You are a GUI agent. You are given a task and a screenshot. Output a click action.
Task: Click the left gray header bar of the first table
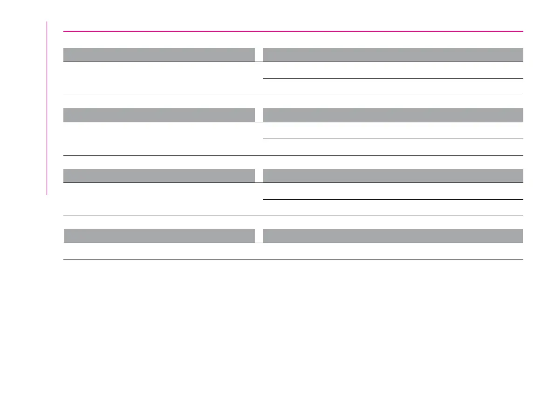point(159,55)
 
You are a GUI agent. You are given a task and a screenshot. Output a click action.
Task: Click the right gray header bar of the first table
point(392,55)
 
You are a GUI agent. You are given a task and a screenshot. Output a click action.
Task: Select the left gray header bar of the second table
point(159,115)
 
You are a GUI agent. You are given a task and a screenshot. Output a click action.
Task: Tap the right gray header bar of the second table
point(392,115)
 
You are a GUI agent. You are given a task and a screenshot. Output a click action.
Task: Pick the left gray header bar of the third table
point(159,175)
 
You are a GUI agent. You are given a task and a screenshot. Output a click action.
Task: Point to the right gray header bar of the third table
point(392,175)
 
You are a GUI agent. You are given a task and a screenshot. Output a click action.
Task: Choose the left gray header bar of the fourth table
point(159,236)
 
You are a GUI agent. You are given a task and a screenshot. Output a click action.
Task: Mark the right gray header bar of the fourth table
point(392,236)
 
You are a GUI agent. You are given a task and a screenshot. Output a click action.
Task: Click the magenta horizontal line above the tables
point(293,31)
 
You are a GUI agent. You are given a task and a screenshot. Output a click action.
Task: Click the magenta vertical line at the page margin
point(47,107)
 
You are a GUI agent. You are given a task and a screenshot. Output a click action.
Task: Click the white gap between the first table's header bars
point(259,55)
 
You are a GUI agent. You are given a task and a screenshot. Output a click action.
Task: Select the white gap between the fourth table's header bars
point(259,236)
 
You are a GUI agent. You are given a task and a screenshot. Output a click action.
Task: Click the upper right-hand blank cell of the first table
point(392,70)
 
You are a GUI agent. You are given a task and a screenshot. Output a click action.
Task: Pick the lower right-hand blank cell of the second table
point(392,147)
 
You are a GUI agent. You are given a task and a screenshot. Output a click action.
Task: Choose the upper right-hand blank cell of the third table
point(392,191)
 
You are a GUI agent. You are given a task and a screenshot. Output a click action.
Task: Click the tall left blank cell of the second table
point(159,139)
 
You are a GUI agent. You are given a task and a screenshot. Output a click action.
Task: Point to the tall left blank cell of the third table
point(159,199)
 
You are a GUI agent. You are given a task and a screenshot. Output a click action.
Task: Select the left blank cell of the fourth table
point(159,252)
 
